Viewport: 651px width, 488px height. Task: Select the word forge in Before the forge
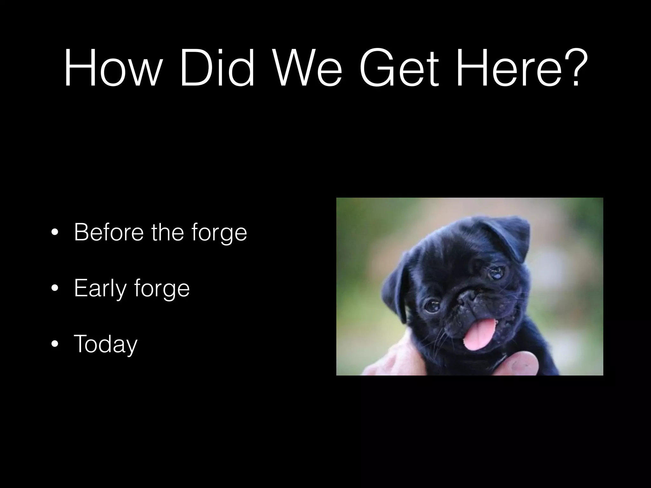pos(220,234)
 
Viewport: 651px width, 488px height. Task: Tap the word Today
pos(106,344)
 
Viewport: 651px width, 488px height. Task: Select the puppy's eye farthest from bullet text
pos(497,272)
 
